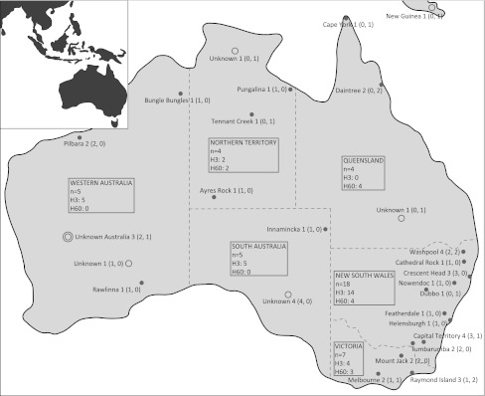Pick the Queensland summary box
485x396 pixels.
(x=364, y=172)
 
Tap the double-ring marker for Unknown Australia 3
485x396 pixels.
(x=67, y=237)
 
